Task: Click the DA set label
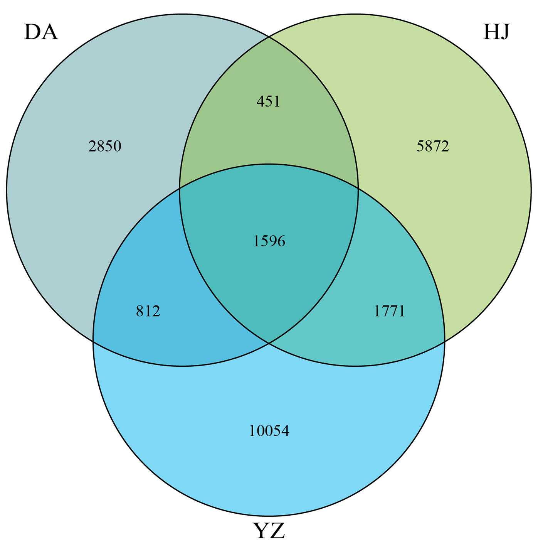(41, 32)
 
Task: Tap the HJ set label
(496, 32)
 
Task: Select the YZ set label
(269, 531)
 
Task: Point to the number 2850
(105, 147)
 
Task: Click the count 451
(269, 101)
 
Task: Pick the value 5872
(433, 147)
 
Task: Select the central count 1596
(269, 241)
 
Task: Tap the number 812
(148, 311)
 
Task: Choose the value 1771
(390, 311)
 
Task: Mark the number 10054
(269, 431)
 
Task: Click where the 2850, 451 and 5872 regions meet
(269, 37)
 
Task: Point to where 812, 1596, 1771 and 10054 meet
(269, 342)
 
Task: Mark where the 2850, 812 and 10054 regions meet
(93, 341)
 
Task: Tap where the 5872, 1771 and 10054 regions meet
(445, 341)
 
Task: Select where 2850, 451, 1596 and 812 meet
(180, 188)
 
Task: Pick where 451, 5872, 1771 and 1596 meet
(358, 188)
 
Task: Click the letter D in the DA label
(32, 32)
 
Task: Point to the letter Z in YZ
(277, 531)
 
